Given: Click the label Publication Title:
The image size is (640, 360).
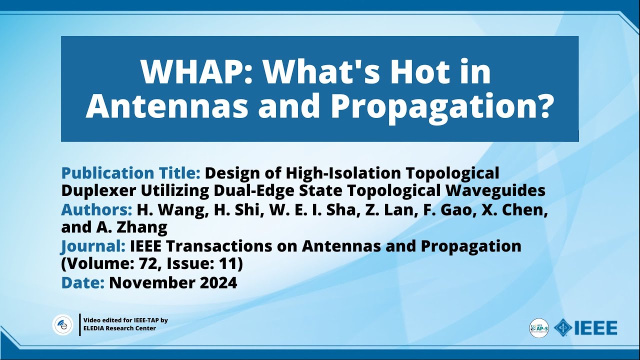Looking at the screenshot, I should coord(130,173).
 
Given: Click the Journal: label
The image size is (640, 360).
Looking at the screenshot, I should coord(93,246).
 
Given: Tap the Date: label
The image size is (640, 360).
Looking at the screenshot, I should coord(82,282).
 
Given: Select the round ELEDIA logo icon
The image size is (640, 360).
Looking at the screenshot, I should coord(63,324).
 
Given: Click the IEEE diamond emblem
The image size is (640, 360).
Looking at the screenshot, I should coord(563,328).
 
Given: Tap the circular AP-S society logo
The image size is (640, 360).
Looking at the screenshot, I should coord(539,328).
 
